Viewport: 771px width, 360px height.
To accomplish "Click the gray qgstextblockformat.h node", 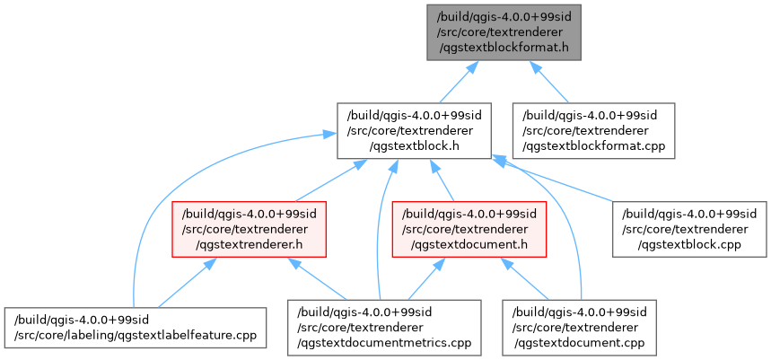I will coord(504,31).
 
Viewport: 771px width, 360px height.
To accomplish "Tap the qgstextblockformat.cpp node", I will coord(593,129).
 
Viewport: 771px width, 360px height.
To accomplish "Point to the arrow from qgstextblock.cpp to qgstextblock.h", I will coord(556,180).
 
